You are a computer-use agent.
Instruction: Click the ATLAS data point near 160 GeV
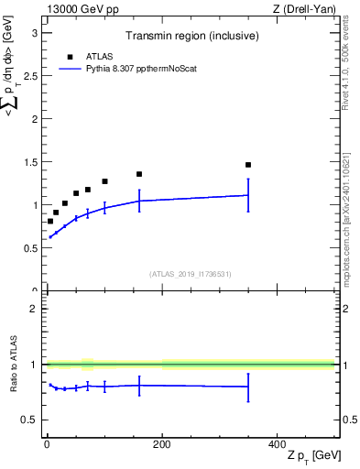139,174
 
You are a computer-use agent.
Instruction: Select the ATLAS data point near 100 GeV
104,181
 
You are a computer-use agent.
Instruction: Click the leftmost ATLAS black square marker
49,221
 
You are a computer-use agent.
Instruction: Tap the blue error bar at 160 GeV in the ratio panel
139,386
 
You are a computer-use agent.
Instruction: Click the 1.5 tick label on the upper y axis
31,162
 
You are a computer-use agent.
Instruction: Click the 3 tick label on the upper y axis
35,33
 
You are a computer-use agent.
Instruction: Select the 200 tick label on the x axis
161,444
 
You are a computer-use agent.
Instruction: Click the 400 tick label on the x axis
277,444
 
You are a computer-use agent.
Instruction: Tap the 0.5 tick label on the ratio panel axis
31,420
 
